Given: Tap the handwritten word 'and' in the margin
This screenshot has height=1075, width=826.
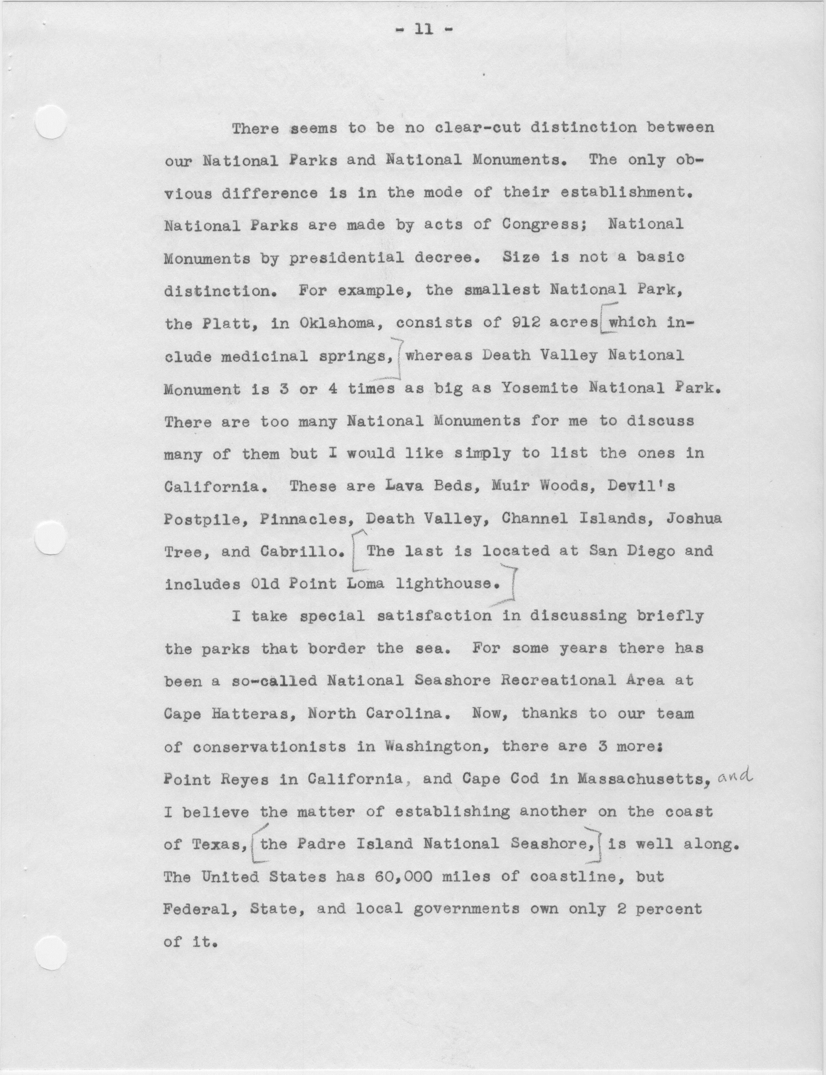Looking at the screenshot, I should click(x=735, y=776).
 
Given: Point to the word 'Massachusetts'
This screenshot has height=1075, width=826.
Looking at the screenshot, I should click(x=643, y=780).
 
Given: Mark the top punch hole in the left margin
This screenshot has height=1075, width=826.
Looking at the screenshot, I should click(x=51, y=122).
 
